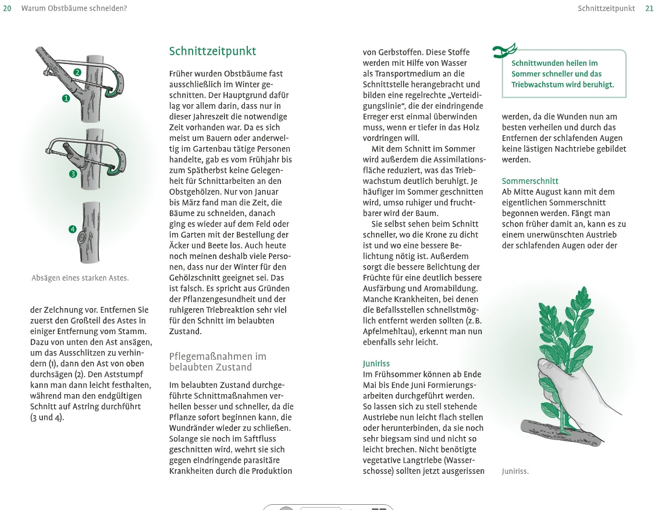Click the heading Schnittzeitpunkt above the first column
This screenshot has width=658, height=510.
click(212, 51)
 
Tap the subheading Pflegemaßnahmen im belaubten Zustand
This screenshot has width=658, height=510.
click(218, 362)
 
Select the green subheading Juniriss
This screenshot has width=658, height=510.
click(376, 364)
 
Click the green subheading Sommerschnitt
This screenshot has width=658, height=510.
click(530, 181)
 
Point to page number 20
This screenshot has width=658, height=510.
click(8, 8)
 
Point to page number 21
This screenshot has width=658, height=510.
click(649, 8)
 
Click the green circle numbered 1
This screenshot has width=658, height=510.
click(66, 99)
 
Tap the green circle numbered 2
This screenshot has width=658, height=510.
click(77, 73)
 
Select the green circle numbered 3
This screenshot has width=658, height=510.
click(73, 173)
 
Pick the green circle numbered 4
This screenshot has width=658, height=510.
click(73, 229)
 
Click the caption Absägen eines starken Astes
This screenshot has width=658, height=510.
click(80, 278)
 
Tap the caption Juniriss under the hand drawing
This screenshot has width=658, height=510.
click(515, 472)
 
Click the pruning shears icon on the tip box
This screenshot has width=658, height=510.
click(504, 52)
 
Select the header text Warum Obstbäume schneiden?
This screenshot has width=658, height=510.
click(74, 8)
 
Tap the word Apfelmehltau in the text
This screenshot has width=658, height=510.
click(386, 332)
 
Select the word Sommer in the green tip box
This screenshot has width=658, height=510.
click(525, 74)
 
